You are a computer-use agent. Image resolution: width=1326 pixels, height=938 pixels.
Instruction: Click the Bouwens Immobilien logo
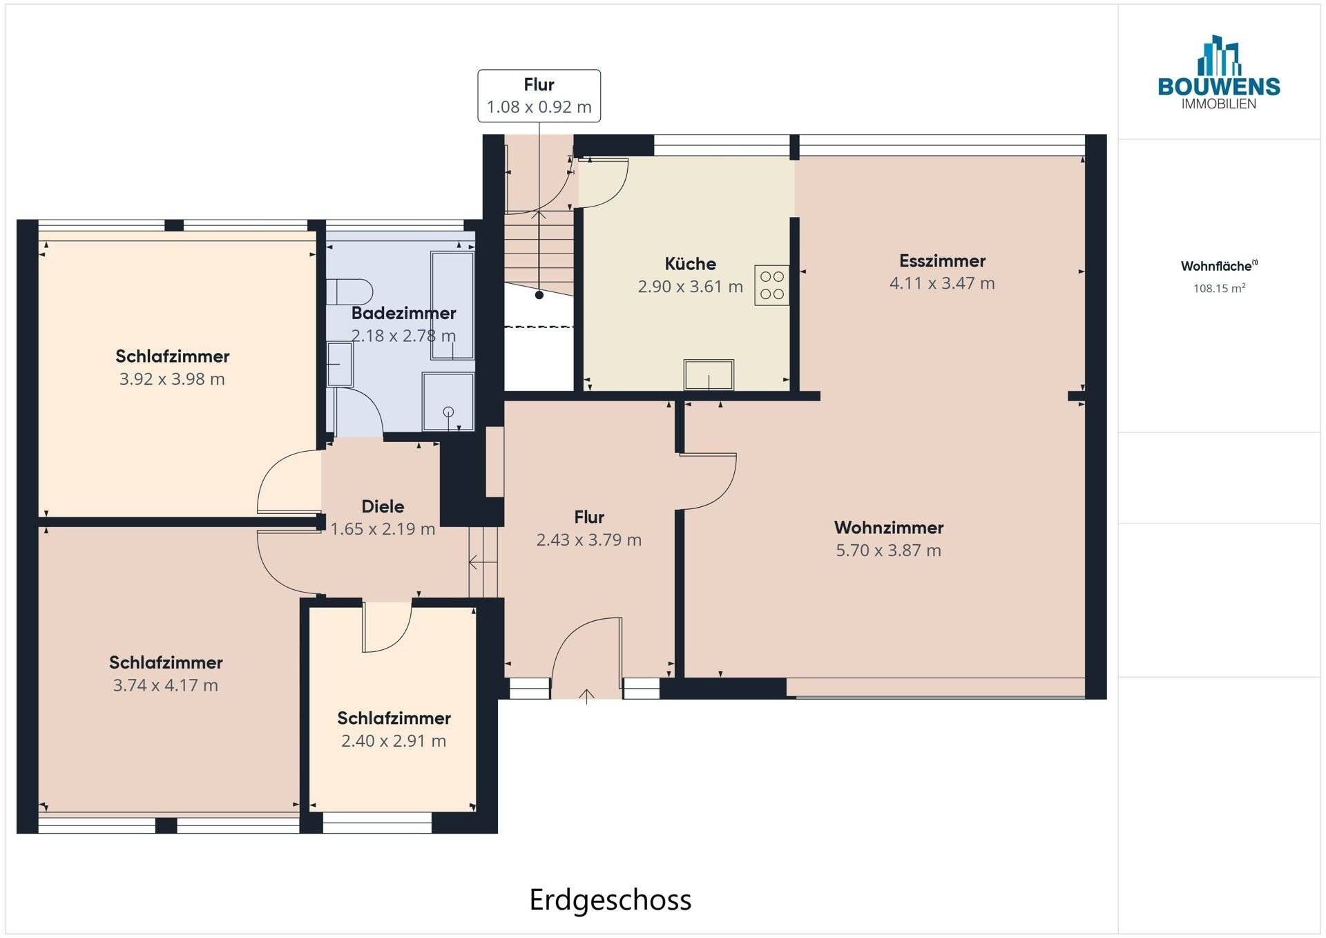coord(1219,73)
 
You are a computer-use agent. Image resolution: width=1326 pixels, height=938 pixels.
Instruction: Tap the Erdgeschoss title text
coord(611,900)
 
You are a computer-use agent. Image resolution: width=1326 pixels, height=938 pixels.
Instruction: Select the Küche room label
coord(690,264)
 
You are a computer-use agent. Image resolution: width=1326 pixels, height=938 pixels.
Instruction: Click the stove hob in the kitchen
coord(771,285)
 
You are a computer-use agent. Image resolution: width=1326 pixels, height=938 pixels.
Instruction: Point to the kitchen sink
coord(709,375)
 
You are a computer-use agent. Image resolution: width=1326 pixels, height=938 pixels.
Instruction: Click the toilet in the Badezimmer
coord(349,291)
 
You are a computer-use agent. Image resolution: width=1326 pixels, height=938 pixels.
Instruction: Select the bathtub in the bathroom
coord(452,305)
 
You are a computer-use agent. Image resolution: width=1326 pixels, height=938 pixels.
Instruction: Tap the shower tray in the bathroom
coord(448,402)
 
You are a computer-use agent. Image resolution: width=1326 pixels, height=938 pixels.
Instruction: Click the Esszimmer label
coord(942,261)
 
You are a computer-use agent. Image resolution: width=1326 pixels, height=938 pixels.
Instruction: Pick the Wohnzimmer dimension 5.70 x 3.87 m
coord(888,551)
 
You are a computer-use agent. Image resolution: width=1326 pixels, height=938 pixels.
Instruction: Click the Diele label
coord(383,506)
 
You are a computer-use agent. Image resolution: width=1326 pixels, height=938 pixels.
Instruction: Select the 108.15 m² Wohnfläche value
coord(1219,289)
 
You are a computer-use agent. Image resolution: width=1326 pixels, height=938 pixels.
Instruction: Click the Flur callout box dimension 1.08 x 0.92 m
coord(539,107)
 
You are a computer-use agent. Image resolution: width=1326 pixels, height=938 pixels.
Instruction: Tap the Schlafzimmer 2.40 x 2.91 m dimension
coord(394,741)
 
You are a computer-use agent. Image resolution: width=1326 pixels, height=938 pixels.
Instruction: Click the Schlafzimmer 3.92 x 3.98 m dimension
coord(172,379)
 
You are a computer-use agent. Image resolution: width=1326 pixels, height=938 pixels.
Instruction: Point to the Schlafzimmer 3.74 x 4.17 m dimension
coord(166,686)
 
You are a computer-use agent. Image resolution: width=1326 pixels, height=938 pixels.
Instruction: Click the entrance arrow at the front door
coord(586,696)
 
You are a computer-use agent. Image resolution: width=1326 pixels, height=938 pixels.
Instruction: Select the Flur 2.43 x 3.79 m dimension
coord(589,540)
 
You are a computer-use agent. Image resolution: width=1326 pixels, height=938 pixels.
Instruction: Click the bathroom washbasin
coord(339,364)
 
